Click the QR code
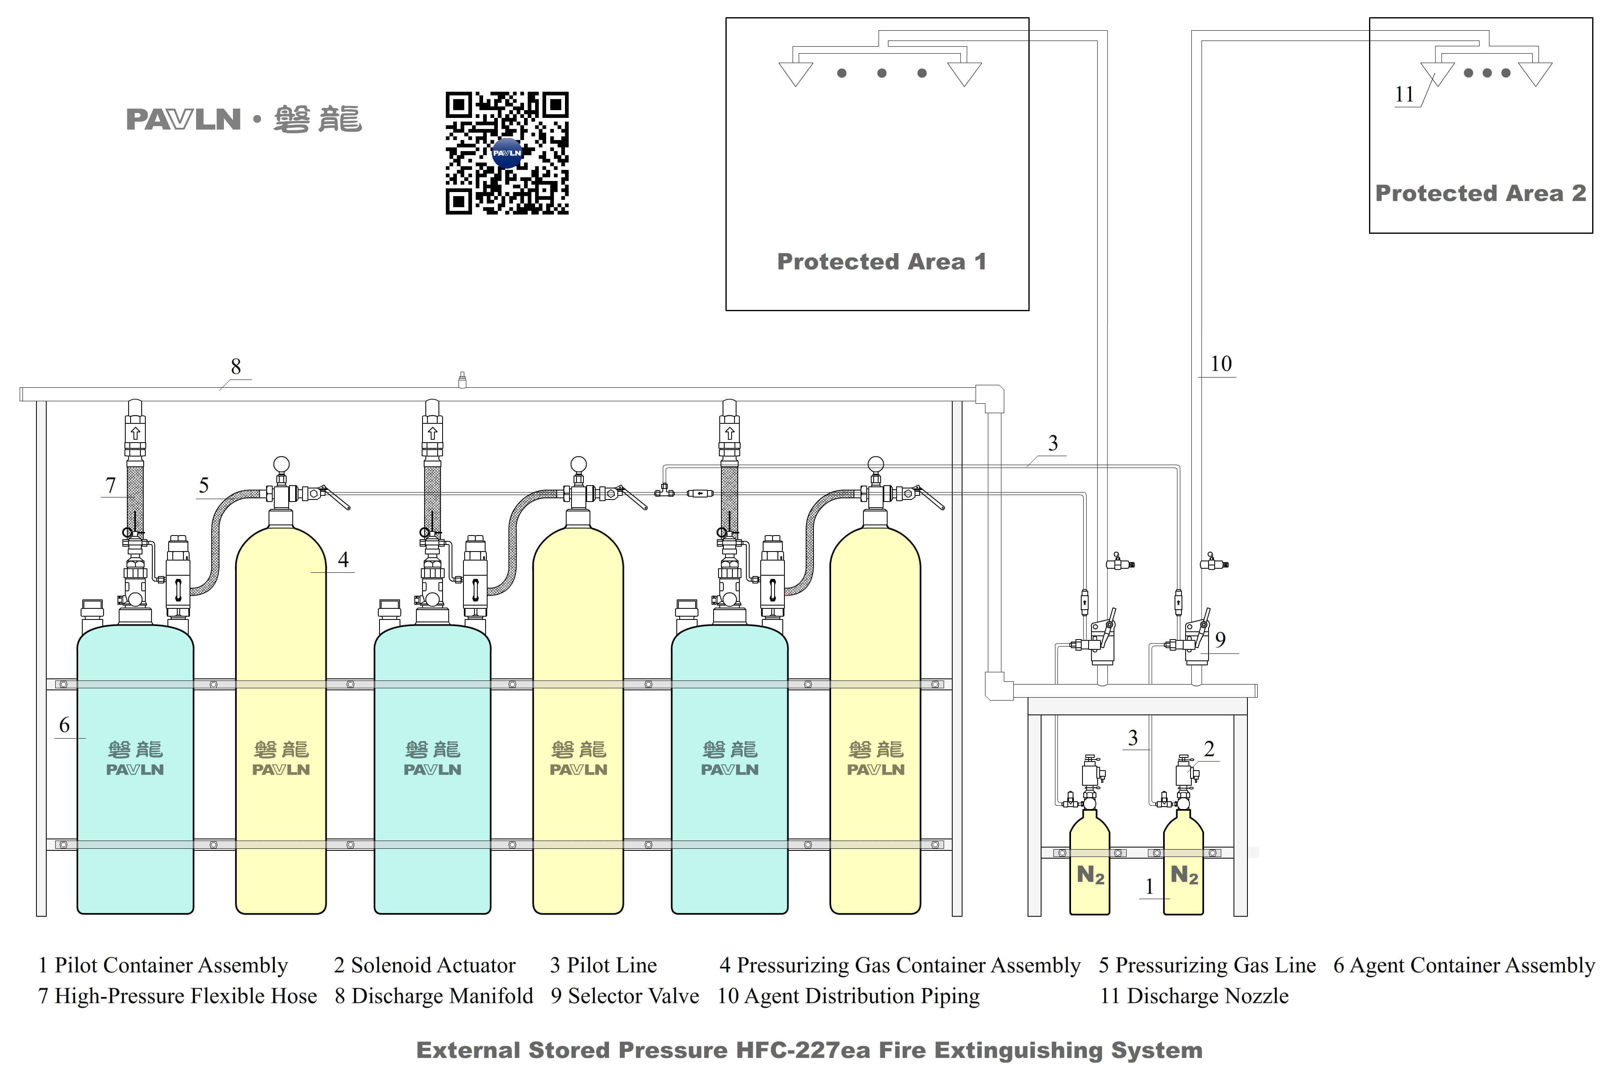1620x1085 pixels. click(507, 153)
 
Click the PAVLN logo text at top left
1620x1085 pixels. click(183, 120)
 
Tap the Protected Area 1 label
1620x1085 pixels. click(881, 262)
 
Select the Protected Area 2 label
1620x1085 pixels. click(1480, 193)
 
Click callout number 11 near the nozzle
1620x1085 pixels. click(1404, 94)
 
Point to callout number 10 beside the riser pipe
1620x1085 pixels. click(1221, 364)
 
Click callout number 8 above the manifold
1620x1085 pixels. click(236, 367)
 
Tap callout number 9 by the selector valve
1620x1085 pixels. click(1220, 640)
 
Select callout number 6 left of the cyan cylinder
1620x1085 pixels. click(64, 725)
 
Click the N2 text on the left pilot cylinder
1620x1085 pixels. click(1090, 875)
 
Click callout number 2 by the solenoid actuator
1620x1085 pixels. click(1209, 749)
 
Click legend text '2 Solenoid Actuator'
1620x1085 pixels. click(425, 965)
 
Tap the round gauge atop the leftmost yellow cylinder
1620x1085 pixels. click(281, 463)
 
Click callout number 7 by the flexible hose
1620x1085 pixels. click(111, 485)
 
